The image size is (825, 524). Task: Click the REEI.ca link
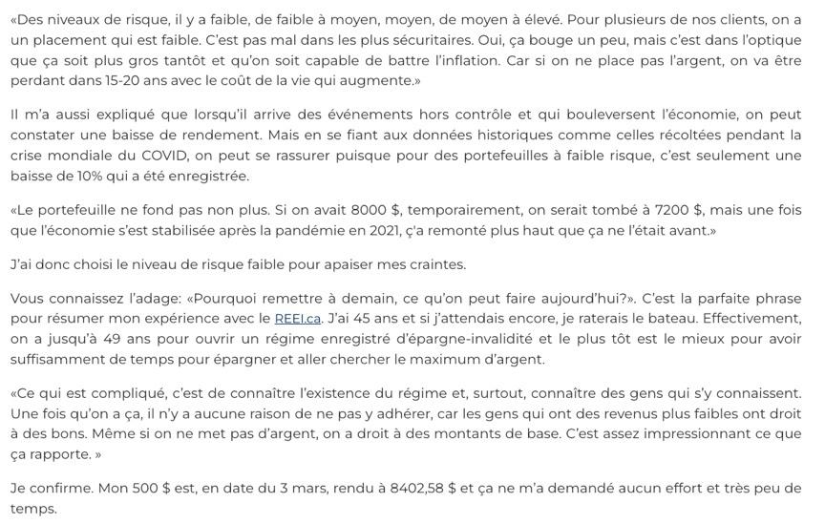click(x=298, y=318)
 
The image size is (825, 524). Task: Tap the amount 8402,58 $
click(x=423, y=487)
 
